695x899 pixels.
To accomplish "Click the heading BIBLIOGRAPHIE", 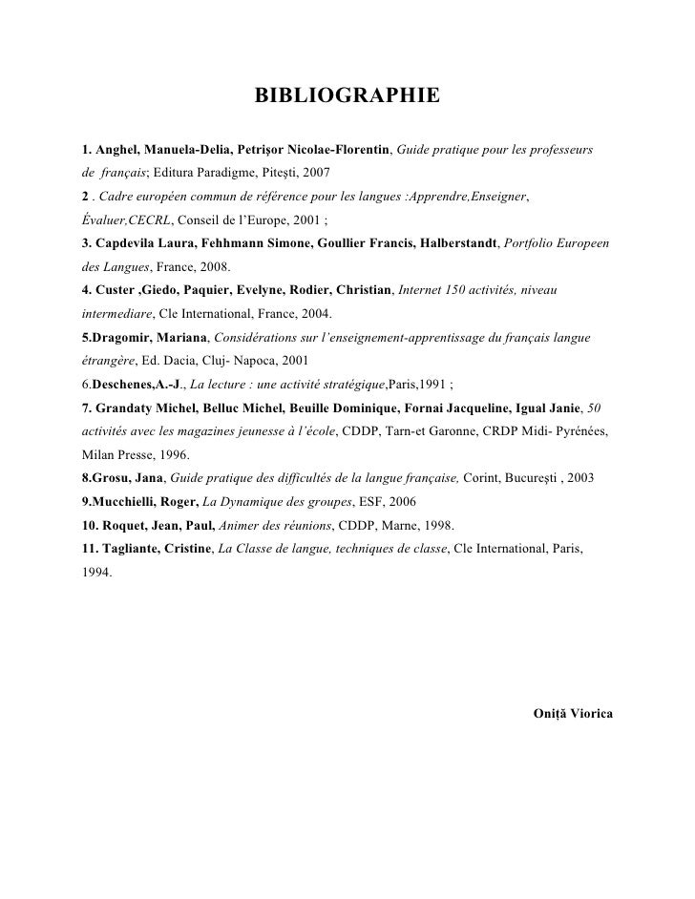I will click(x=347, y=96).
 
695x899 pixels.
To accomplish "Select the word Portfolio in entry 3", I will click(x=534, y=243).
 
